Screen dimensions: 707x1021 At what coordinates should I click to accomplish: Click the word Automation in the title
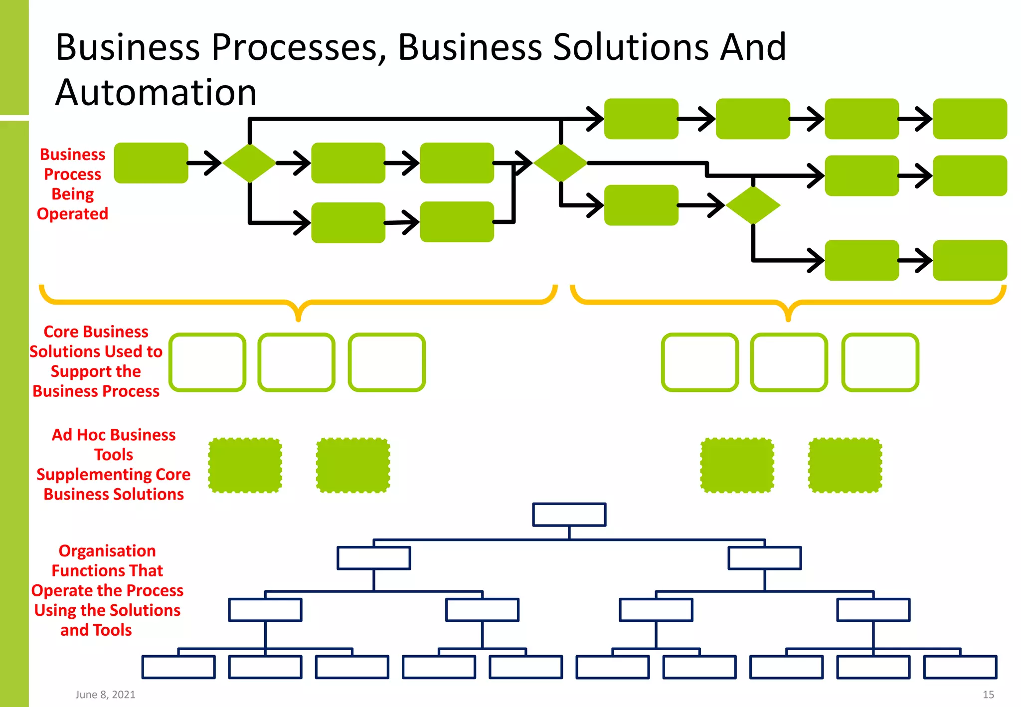[x=156, y=93]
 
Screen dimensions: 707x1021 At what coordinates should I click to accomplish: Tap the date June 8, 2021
[x=105, y=695]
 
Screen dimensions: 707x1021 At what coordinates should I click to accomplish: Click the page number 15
[x=988, y=695]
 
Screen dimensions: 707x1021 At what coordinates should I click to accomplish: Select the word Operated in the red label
[x=73, y=214]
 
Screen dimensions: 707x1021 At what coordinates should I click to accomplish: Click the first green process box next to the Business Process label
[x=151, y=163]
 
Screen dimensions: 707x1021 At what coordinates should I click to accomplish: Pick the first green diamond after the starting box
[x=249, y=163]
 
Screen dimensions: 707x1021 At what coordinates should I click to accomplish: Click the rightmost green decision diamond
[x=753, y=205]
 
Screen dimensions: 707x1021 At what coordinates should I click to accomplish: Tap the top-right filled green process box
[x=970, y=119]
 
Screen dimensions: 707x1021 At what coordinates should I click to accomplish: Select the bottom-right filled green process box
[x=970, y=260]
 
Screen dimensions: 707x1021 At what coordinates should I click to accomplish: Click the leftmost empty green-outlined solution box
[x=207, y=362]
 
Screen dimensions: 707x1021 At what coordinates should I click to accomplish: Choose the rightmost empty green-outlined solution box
[x=880, y=362]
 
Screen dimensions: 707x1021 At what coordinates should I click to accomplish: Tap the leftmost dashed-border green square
[x=245, y=466]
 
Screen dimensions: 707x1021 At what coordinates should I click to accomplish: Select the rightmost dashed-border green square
[x=845, y=466]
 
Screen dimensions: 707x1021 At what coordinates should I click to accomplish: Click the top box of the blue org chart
[x=569, y=515]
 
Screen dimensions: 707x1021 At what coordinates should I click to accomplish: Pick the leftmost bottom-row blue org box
[x=178, y=667]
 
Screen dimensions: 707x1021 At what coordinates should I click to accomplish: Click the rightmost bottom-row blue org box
[x=960, y=667]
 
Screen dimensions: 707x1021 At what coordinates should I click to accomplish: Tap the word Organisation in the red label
[x=107, y=551]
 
